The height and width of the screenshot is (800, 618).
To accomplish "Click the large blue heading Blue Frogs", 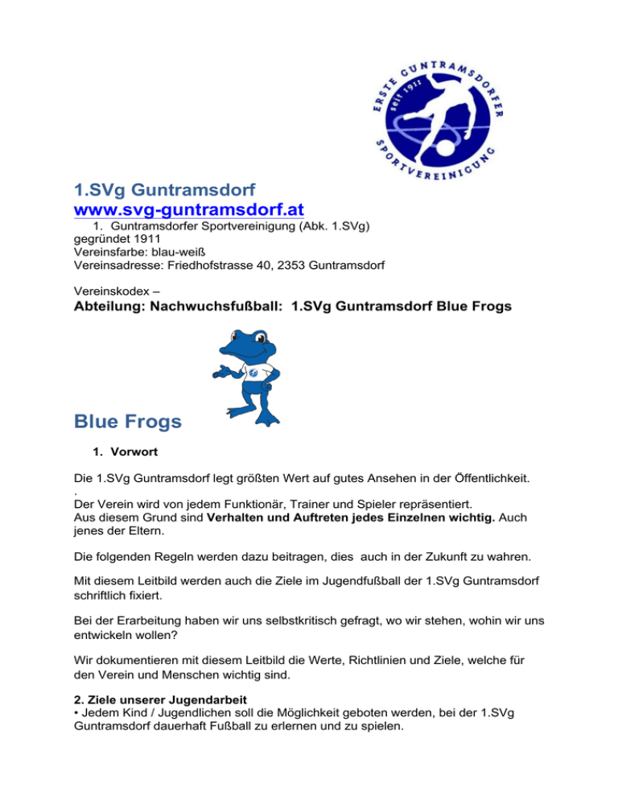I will tap(127, 421).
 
